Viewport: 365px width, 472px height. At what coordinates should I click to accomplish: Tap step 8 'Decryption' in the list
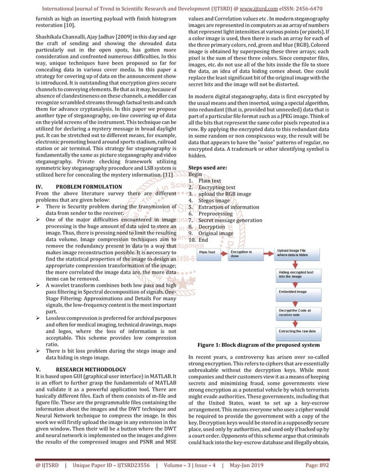point(212,227)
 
